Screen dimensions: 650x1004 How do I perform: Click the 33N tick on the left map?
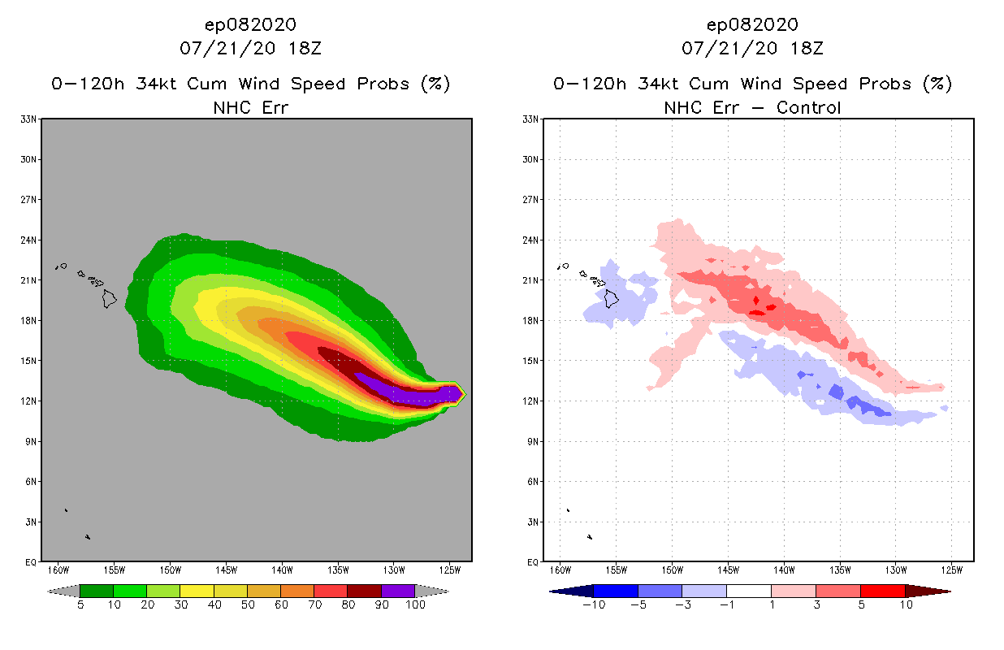(29, 119)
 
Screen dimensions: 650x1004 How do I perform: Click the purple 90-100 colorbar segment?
(398, 591)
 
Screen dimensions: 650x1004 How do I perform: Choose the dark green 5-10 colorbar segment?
(97, 591)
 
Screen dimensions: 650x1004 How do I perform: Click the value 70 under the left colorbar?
(314, 604)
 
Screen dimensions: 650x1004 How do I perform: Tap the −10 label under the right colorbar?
(593, 604)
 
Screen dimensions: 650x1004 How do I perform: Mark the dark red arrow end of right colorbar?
(928, 591)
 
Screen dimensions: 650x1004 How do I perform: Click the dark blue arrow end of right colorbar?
(571, 591)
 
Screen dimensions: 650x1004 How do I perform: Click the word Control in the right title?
(808, 107)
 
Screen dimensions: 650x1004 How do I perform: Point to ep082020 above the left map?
(250, 24)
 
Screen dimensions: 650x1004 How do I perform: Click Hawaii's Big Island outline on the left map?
(109, 299)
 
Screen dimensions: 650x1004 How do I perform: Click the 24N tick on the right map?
(531, 240)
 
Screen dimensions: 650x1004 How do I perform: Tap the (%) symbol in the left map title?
(435, 84)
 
